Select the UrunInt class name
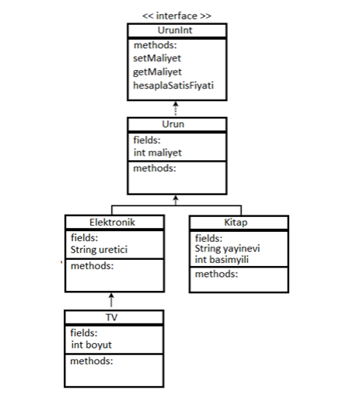pyautogui.click(x=177, y=30)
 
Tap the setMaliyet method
pyautogui.click(x=159, y=58)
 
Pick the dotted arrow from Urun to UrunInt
pyautogui.click(x=177, y=110)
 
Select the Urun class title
pyautogui.click(x=177, y=124)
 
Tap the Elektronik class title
pyautogui.click(x=114, y=223)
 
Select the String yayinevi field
pyautogui.click(x=227, y=248)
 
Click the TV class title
pyautogui.click(x=114, y=317)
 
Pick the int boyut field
pyautogui.click(x=96, y=345)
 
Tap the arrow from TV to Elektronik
pyautogui.click(x=111, y=300)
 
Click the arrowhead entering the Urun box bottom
pyautogui.click(x=177, y=199)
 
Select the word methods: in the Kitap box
pyautogui.click(x=216, y=274)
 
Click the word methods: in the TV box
pyautogui.click(x=92, y=361)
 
